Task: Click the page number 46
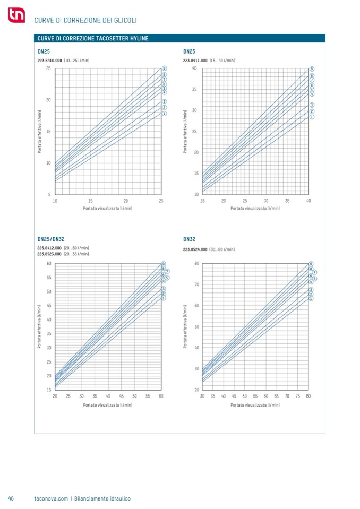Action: pyautogui.click(x=11, y=498)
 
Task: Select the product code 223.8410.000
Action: pyautogui.click(x=49, y=61)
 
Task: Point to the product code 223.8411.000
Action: pyautogui.click(x=195, y=61)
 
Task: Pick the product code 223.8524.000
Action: pyautogui.click(x=195, y=249)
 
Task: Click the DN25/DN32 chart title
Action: pyautogui.click(x=50, y=240)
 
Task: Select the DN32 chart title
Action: pyautogui.click(x=190, y=240)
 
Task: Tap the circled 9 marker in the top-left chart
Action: pyautogui.click(x=165, y=69)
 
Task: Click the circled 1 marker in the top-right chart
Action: pyautogui.click(x=312, y=117)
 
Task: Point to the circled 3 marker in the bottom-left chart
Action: pyautogui.click(x=164, y=289)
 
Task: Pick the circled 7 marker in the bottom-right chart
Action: pyautogui.click(x=315, y=272)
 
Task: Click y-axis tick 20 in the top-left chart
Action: pyautogui.click(x=48, y=100)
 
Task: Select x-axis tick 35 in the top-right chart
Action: pyautogui.click(x=287, y=201)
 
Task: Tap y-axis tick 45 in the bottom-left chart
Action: pyautogui.click(x=48, y=306)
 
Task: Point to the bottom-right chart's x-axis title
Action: pyautogui.click(x=255, y=405)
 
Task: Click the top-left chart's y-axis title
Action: pyautogui.click(x=39, y=132)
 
